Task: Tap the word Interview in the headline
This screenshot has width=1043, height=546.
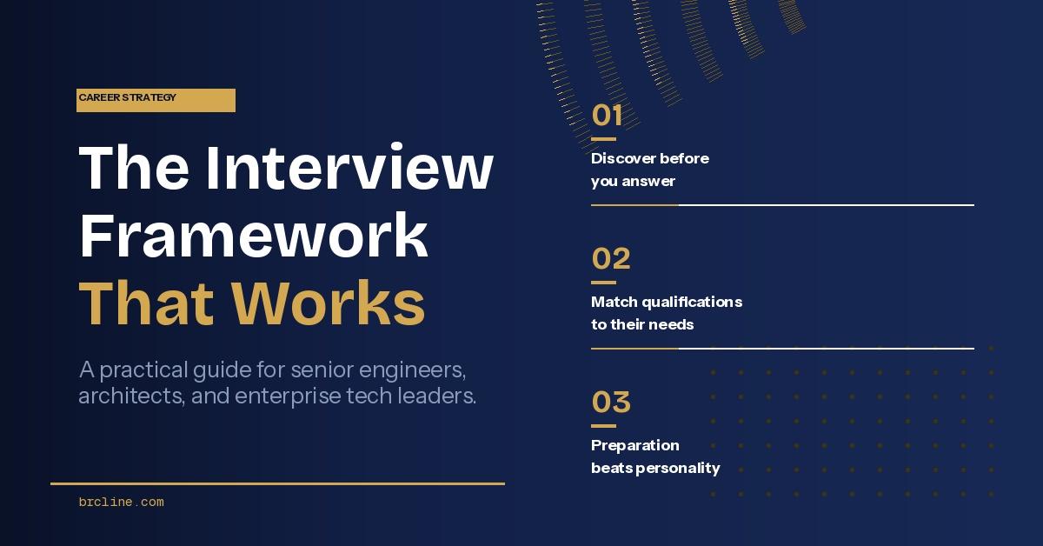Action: (x=349, y=168)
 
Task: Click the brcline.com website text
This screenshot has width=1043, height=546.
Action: (x=121, y=502)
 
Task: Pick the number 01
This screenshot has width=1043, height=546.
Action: (x=607, y=116)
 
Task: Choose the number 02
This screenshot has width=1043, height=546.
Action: (x=610, y=259)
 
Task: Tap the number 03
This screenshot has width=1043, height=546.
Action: (x=610, y=403)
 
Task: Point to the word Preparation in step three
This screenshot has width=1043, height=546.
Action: (x=635, y=445)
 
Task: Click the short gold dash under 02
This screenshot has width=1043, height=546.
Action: (x=603, y=283)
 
